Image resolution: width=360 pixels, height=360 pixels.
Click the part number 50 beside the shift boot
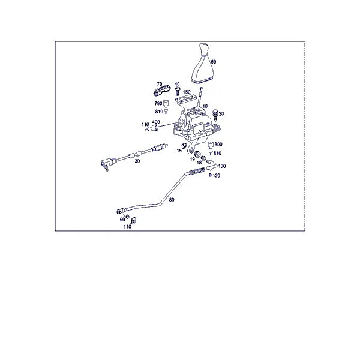click(x=214, y=62)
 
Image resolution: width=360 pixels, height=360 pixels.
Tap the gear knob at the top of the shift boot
click(x=204, y=49)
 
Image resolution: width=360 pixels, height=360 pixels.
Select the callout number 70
click(x=160, y=84)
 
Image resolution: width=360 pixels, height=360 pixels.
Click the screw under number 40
click(x=177, y=91)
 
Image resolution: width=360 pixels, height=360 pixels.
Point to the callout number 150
click(x=187, y=92)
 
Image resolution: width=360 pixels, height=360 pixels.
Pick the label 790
click(x=158, y=104)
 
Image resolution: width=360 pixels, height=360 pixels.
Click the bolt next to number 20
click(x=215, y=115)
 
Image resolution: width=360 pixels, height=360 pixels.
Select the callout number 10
click(x=205, y=106)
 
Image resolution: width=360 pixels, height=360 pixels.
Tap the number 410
click(x=145, y=124)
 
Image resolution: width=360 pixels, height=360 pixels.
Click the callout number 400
click(x=156, y=122)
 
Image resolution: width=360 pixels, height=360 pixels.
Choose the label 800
click(x=218, y=144)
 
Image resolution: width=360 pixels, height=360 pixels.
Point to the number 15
click(x=179, y=151)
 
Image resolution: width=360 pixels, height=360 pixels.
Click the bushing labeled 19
click(x=197, y=154)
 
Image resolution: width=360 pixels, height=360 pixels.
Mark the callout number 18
click(x=199, y=163)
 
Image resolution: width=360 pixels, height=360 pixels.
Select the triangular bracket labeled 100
click(x=211, y=166)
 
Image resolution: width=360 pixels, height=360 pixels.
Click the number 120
click(x=216, y=176)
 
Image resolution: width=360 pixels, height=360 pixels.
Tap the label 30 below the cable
click(x=137, y=161)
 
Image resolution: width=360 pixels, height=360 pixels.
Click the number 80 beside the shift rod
click(x=172, y=200)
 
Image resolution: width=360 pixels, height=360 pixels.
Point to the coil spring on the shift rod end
click(x=197, y=172)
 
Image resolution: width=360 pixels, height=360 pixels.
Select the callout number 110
click(x=127, y=227)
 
